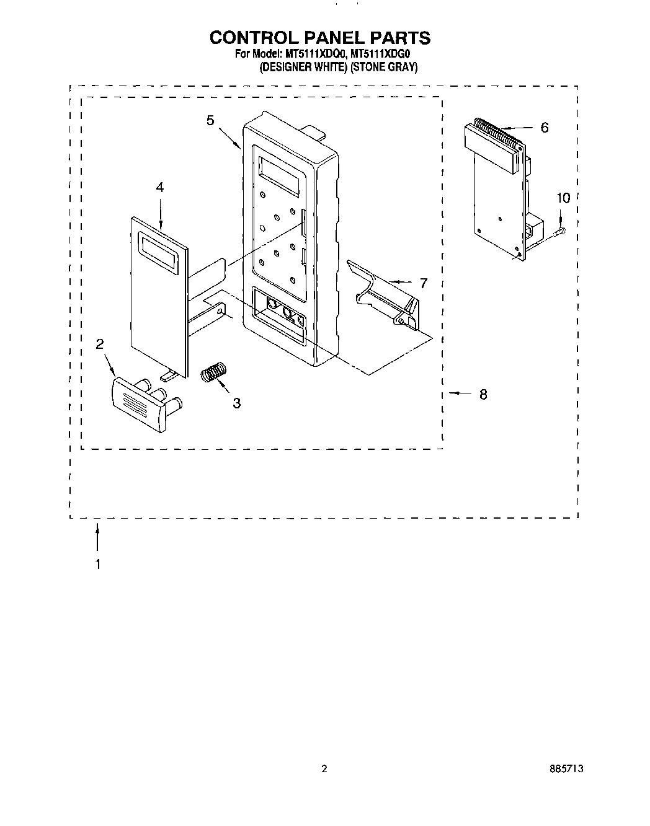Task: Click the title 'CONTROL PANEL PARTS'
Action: [319, 37]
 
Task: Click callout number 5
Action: [211, 120]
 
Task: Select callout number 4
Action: [160, 187]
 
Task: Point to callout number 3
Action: [236, 402]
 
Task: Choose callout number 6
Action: [544, 128]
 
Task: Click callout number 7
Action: [423, 283]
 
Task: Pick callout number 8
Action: [483, 393]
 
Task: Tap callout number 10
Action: [563, 198]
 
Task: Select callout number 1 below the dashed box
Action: [97, 564]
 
